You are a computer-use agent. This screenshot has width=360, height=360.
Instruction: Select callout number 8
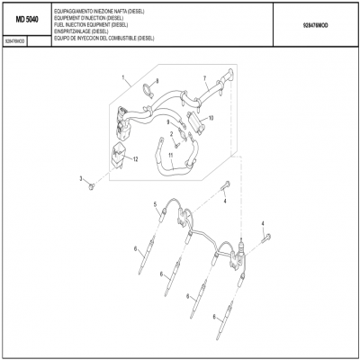tap(157, 82)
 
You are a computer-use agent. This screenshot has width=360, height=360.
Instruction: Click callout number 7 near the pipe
tap(204, 78)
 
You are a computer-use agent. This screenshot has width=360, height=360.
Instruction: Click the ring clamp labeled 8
tap(146, 87)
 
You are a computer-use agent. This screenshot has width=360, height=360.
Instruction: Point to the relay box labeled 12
tap(118, 155)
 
